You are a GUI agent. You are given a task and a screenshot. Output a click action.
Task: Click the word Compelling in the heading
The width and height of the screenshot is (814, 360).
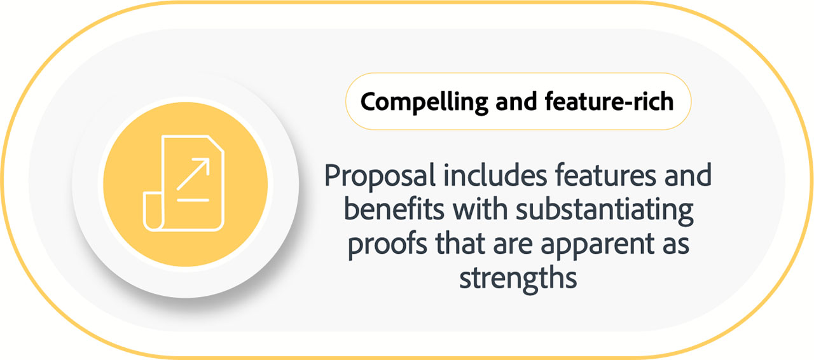coord(424,102)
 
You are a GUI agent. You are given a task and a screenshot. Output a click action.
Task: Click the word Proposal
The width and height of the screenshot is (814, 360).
coord(380,177)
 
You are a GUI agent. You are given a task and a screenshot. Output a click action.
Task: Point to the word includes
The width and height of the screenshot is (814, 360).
coord(495,176)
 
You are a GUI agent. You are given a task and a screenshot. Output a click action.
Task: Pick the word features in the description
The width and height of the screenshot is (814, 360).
coord(605,176)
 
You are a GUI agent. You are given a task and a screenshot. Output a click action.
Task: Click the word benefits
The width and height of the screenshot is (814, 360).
coord(394,209)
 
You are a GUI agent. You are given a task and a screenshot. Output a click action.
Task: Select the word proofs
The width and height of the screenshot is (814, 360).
coord(387,245)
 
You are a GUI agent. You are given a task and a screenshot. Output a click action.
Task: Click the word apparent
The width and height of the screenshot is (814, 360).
coord(597,246)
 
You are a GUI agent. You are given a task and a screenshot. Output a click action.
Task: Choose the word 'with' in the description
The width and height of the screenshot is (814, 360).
coord(480,209)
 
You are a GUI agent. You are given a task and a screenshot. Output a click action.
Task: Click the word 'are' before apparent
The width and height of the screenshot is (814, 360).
coord(513,246)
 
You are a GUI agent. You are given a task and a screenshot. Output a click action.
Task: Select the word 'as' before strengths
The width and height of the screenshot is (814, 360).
coord(675,246)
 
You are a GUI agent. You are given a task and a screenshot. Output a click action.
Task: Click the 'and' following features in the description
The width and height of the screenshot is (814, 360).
coord(688,176)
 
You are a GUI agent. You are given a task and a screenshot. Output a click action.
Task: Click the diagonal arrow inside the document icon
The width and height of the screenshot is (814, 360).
coord(193,174)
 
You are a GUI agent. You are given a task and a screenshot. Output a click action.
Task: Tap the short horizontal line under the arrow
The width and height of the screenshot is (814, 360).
coord(193,200)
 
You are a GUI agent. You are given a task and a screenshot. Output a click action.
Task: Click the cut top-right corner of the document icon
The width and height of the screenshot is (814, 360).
coord(216,144)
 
